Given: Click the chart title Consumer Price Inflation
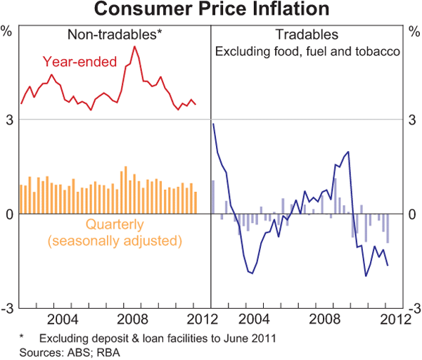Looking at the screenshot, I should click(211, 10).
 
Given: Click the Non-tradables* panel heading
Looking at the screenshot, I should click(115, 34).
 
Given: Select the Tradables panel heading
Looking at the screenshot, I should click(307, 34).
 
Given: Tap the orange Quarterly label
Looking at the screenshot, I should click(115, 225).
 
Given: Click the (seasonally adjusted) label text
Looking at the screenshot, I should click(115, 241).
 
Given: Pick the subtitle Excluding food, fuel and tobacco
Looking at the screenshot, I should click(307, 51).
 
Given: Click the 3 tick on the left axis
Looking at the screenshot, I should click(10, 120).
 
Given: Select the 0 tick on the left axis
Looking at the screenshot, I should click(10, 214).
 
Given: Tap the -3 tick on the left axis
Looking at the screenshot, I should click(8, 308).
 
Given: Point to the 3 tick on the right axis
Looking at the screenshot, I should click(413, 120).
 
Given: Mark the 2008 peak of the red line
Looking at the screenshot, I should click(134, 46).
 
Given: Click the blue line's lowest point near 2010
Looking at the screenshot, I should click(366, 276).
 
